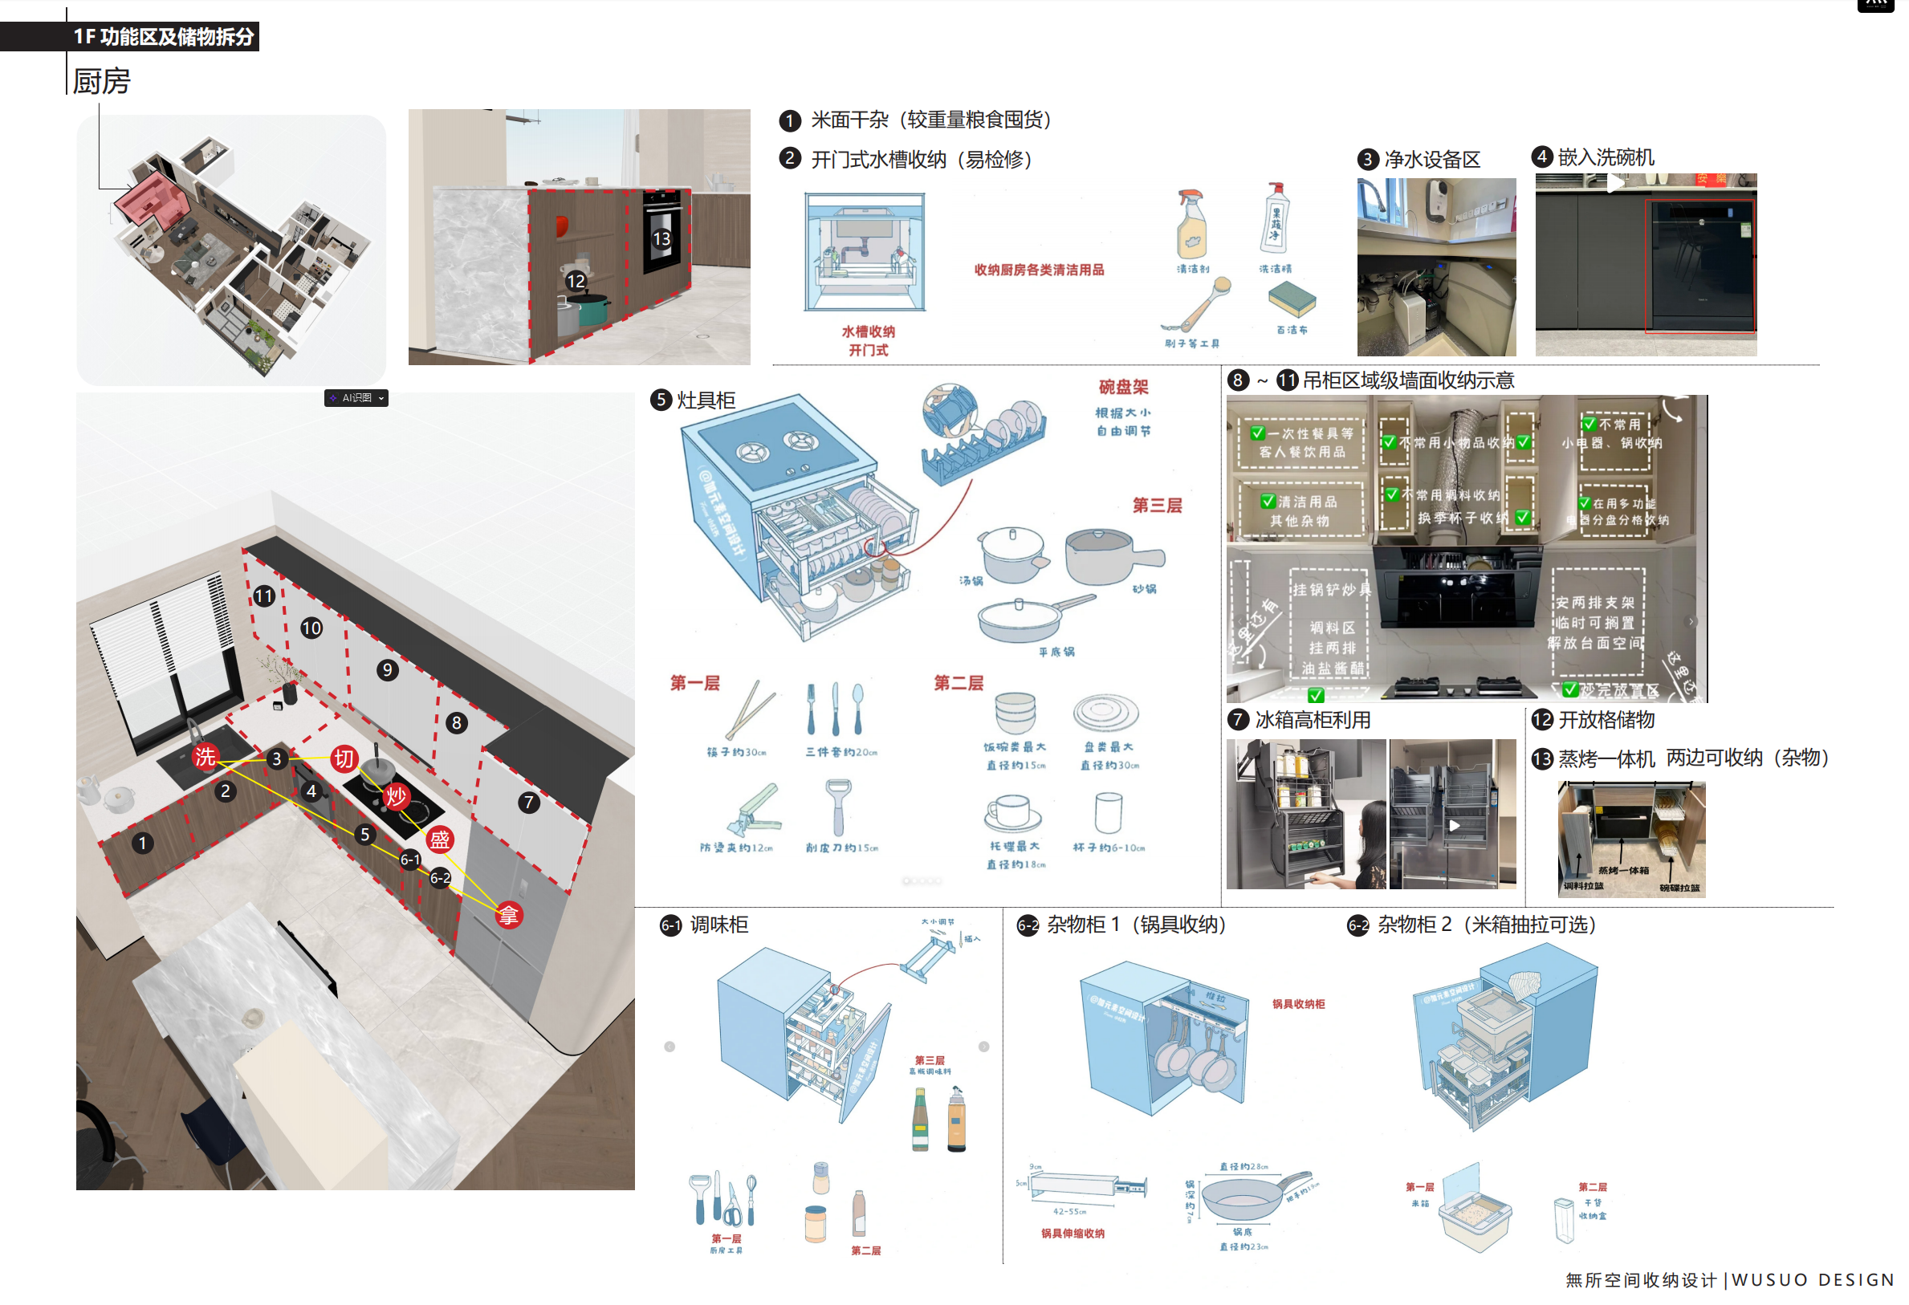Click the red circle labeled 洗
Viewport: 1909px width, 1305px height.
pyautogui.click(x=205, y=756)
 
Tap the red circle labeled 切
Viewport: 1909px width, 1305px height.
pyautogui.click(x=344, y=758)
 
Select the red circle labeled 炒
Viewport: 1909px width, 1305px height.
pyautogui.click(x=396, y=795)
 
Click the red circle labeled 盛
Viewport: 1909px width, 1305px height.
pyautogui.click(x=439, y=840)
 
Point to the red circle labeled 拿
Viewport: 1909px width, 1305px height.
pyautogui.click(x=508, y=915)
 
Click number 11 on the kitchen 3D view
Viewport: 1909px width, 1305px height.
pyautogui.click(x=263, y=596)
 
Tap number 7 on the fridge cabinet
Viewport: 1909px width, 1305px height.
pyautogui.click(x=529, y=802)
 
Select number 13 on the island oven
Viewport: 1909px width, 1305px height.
pyautogui.click(x=662, y=238)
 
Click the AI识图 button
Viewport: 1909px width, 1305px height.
pyautogui.click(x=356, y=398)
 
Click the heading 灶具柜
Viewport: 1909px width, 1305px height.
pyautogui.click(x=705, y=400)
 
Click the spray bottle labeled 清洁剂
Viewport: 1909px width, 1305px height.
pyautogui.click(x=1192, y=224)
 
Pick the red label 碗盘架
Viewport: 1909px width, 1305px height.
pyautogui.click(x=1123, y=387)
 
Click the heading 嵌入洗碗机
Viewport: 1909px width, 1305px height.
pyautogui.click(x=1605, y=157)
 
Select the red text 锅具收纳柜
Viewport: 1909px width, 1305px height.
pyautogui.click(x=1298, y=1003)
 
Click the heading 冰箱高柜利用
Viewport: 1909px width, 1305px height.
pyautogui.click(x=1312, y=720)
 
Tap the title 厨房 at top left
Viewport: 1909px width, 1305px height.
pyautogui.click(x=102, y=81)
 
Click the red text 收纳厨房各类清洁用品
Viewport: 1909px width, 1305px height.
pyautogui.click(x=1038, y=270)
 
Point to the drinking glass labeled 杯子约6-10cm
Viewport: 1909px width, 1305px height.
pyautogui.click(x=1108, y=812)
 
